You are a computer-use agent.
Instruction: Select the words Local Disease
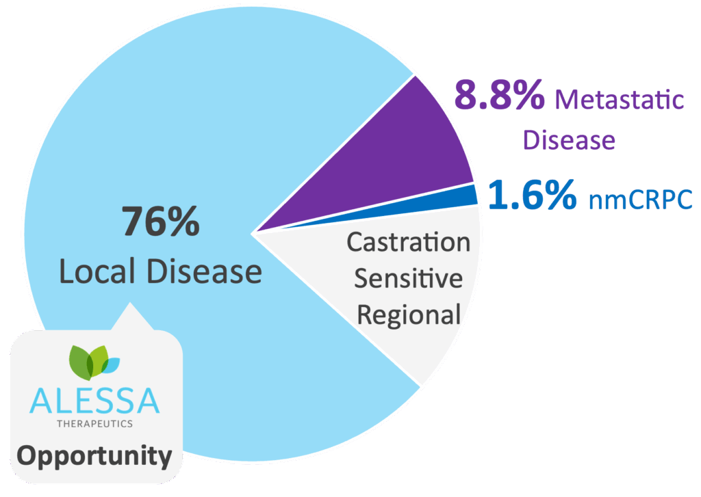click(161, 271)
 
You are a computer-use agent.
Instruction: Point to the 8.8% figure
click(500, 96)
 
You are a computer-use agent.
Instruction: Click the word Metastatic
click(620, 100)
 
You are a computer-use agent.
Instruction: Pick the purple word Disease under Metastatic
click(569, 140)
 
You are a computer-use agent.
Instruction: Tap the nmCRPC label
click(640, 200)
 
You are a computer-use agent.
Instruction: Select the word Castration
click(409, 242)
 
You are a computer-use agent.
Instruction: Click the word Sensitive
click(408, 278)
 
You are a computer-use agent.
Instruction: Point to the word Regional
click(409, 314)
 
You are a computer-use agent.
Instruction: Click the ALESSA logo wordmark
click(94, 401)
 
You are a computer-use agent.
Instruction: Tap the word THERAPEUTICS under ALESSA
click(94, 423)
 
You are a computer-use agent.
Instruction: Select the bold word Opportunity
click(94, 455)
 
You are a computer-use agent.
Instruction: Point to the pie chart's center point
click(252, 234)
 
